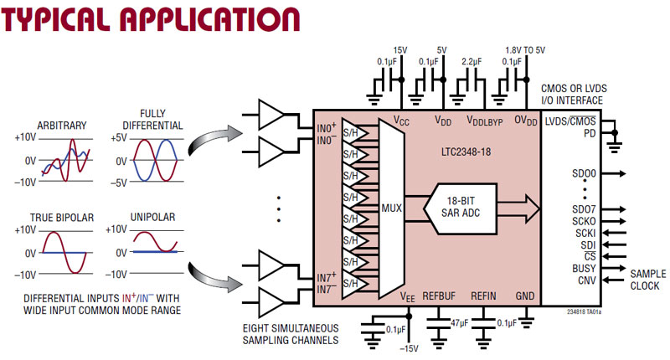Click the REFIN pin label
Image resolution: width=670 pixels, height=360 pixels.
click(484, 296)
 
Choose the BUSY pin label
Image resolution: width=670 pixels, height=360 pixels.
click(583, 267)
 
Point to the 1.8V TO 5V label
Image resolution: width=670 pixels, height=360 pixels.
click(525, 49)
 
